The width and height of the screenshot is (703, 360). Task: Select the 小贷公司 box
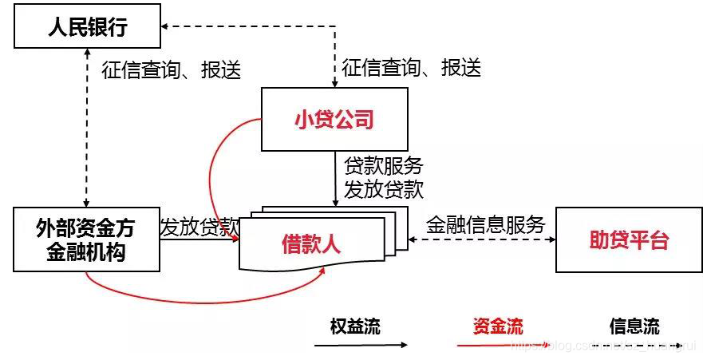click(x=335, y=120)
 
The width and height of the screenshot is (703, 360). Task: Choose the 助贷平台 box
click(x=629, y=239)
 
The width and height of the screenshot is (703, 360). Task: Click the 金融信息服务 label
click(x=485, y=224)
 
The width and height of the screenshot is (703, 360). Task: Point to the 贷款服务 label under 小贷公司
click(x=383, y=167)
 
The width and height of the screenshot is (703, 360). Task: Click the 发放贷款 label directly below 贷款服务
click(x=383, y=189)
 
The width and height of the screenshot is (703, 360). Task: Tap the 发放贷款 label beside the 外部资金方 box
click(x=199, y=226)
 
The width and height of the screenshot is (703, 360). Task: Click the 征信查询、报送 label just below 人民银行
click(x=172, y=69)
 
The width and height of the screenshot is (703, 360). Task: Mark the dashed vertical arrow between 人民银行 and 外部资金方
click(x=86, y=128)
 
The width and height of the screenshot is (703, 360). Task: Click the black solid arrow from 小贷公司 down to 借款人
click(x=334, y=180)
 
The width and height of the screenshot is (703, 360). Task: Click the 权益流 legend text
click(x=355, y=326)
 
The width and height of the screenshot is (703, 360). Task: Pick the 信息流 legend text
click(x=634, y=326)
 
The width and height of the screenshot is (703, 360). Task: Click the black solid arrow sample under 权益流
click(x=359, y=346)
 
